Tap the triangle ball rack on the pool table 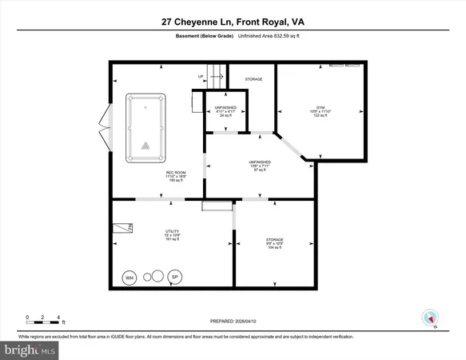point(145,146)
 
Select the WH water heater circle point(129,278)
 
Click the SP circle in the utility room point(175,278)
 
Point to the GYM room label point(320,110)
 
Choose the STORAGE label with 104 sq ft point(274,240)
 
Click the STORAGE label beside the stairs point(253,79)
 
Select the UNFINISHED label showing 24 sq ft point(225,108)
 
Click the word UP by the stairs point(201,77)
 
